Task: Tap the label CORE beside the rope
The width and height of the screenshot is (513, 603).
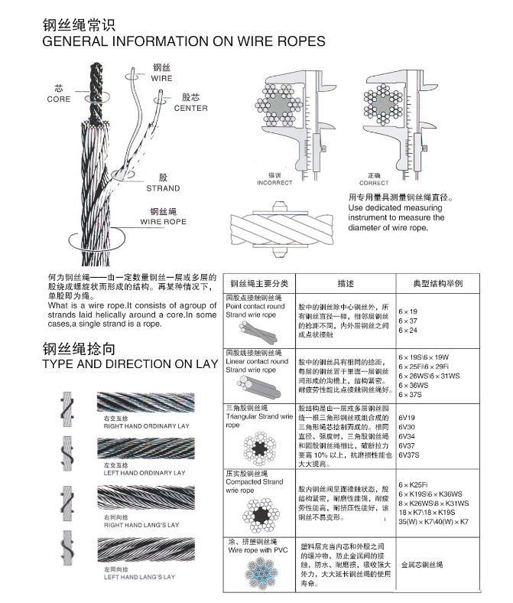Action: pyautogui.click(x=59, y=99)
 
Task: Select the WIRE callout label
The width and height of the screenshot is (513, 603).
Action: pyautogui.click(x=161, y=79)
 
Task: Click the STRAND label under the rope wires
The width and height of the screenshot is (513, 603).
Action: pyautogui.click(x=163, y=188)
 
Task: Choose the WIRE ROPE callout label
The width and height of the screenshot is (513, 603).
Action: pyautogui.click(x=163, y=222)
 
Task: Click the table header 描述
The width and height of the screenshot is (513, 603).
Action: pyautogui.click(x=345, y=283)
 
